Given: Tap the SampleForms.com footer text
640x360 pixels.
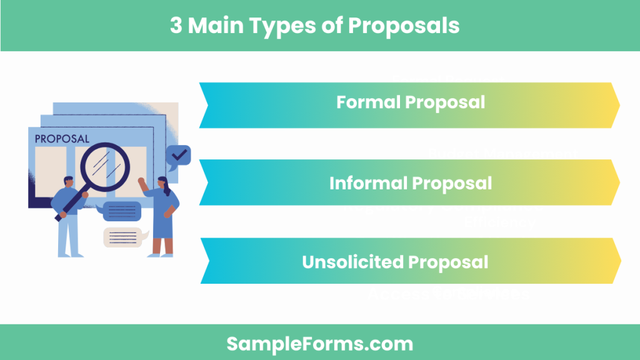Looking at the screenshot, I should point(319,343).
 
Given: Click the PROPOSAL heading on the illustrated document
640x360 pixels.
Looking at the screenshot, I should point(62,139).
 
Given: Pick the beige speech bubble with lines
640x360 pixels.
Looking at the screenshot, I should point(124,237).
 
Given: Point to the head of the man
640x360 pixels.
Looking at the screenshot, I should point(68,182).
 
